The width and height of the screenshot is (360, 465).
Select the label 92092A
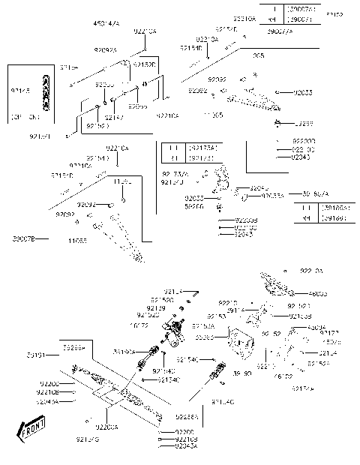tap(106, 49)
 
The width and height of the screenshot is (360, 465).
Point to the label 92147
tap(114, 118)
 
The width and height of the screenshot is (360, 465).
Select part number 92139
tap(156, 307)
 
